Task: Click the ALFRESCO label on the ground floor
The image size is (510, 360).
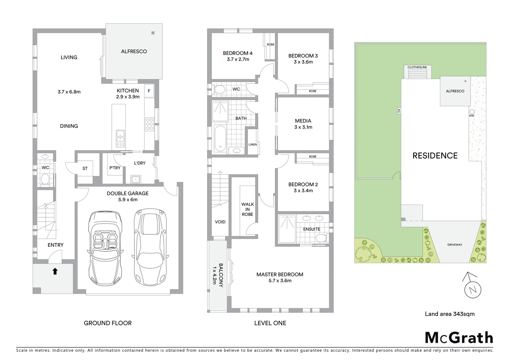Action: (x=134, y=51)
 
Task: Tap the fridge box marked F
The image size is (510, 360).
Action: (x=149, y=91)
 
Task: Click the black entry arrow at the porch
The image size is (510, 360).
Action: (x=55, y=271)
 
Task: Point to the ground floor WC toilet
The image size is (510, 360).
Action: (x=45, y=180)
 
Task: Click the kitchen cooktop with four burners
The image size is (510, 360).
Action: (x=149, y=124)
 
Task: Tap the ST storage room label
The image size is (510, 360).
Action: (x=85, y=168)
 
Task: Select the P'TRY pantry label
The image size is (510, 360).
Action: (x=115, y=168)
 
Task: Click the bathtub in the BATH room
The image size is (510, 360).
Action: (x=220, y=138)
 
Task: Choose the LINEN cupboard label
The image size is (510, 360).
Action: (x=253, y=144)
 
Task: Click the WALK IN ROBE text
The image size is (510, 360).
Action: (x=247, y=209)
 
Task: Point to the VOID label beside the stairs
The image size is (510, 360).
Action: (x=220, y=222)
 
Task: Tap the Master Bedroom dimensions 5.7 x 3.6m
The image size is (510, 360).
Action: (x=280, y=281)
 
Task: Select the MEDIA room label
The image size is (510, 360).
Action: (x=303, y=121)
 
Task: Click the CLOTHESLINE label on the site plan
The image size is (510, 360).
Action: (x=417, y=67)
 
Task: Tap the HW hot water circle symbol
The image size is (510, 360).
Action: (x=472, y=112)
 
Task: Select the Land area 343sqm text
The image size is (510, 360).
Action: (x=449, y=314)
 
